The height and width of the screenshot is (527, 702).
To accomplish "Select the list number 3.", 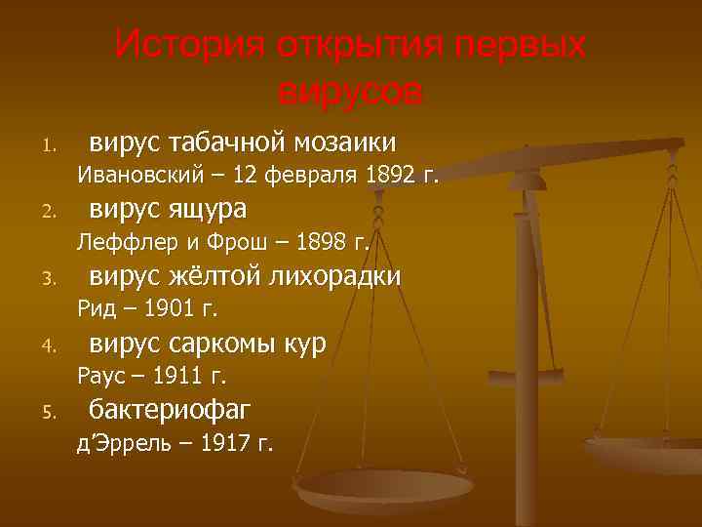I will (47, 280).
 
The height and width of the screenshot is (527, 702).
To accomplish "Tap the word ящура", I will (207, 210).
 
